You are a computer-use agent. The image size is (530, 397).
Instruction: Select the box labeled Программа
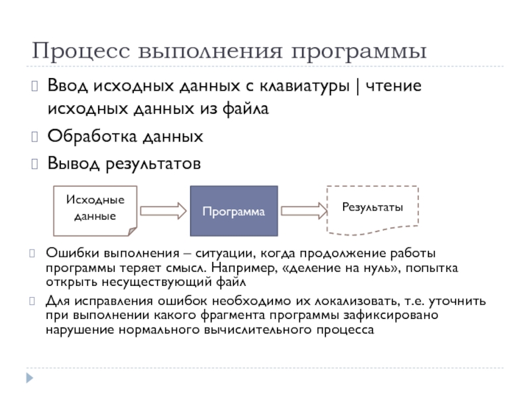[234, 211]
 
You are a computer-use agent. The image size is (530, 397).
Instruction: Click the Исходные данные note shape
[95, 208]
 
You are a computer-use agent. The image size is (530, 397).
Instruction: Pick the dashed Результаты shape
[372, 208]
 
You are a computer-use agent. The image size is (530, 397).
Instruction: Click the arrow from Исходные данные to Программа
[163, 211]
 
